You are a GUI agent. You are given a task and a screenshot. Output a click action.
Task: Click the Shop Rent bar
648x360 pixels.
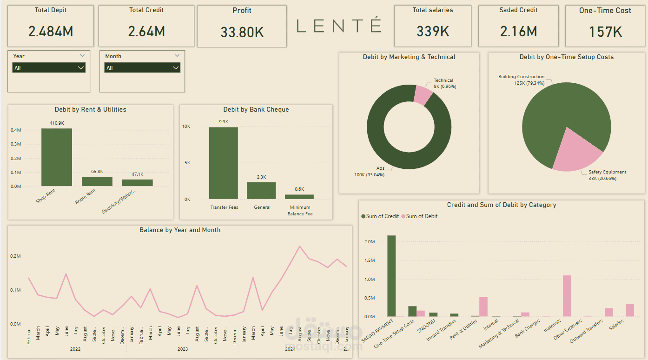coord(57,157)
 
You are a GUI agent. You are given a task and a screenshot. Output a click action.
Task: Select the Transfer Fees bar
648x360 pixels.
coord(223,163)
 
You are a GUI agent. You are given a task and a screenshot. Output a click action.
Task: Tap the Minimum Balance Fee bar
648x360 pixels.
coord(299,197)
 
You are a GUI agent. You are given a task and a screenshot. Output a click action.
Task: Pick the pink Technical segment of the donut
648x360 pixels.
coord(423,94)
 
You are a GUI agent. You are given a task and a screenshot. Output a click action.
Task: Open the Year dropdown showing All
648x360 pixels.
coord(49,68)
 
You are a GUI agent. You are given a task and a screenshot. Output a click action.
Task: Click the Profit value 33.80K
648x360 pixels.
coord(242,32)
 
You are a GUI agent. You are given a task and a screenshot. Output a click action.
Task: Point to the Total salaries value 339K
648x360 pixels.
coord(432,32)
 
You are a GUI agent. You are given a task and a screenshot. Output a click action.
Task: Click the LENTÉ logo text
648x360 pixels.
coord(339,26)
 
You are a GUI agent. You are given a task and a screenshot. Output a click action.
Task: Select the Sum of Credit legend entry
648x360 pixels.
coord(379,216)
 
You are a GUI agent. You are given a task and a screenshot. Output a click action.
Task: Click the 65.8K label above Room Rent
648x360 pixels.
coord(97,172)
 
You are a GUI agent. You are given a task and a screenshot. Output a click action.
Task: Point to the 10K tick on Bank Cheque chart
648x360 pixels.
coord(186,127)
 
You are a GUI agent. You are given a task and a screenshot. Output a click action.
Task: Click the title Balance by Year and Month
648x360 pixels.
coord(180,230)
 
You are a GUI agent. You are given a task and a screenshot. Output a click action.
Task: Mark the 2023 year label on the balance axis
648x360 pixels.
coord(183,349)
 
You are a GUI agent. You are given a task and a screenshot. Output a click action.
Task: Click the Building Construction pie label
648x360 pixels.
coord(521,77)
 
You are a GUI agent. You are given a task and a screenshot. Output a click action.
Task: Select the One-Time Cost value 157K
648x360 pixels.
coord(605,32)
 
